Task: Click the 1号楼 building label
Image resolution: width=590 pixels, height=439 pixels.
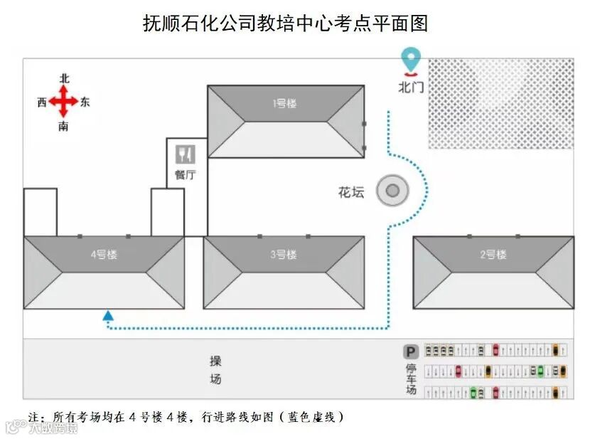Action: (284, 103)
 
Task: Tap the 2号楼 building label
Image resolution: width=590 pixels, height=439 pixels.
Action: (493, 255)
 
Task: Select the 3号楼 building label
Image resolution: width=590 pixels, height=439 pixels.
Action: (283, 255)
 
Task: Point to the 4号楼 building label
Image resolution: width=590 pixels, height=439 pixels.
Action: (104, 255)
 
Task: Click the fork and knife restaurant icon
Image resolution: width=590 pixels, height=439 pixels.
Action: (186, 154)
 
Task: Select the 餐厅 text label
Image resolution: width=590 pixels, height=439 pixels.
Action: (186, 174)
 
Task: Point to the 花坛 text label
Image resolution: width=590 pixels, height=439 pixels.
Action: (351, 192)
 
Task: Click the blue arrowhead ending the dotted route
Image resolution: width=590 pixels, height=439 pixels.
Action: (108, 315)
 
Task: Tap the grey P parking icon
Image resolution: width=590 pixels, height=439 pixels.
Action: (410, 351)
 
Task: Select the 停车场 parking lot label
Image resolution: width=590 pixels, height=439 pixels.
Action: (410, 379)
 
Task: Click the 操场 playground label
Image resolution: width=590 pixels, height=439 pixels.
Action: (215, 370)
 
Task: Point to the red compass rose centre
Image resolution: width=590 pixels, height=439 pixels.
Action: (64, 102)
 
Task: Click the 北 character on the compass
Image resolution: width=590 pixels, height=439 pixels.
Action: (64, 79)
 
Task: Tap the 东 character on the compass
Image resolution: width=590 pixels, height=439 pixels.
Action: (85, 102)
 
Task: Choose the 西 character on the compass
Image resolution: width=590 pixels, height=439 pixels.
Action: (42, 102)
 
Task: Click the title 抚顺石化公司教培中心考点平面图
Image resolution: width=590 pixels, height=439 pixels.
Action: (286, 24)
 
